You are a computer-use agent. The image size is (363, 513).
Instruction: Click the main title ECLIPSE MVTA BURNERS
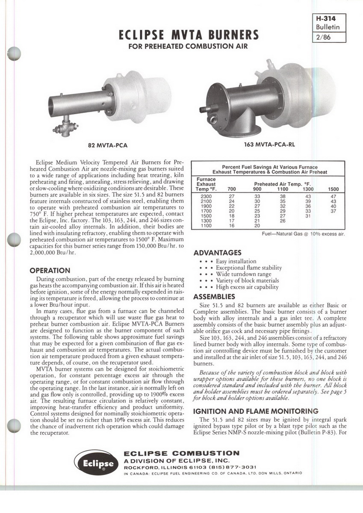coord(189,34)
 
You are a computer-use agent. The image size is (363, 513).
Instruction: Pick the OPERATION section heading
coord(50,270)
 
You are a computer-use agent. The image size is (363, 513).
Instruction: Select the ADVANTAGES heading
coord(217,253)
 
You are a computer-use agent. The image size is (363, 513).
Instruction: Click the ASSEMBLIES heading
coord(214,296)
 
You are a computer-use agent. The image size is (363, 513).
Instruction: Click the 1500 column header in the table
coord(333,189)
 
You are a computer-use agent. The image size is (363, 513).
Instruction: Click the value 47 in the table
coord(333,196)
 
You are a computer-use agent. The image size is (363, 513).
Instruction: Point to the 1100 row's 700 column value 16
coord(231,225)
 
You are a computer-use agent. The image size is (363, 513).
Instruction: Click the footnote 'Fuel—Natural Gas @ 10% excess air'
coord(303,234)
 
